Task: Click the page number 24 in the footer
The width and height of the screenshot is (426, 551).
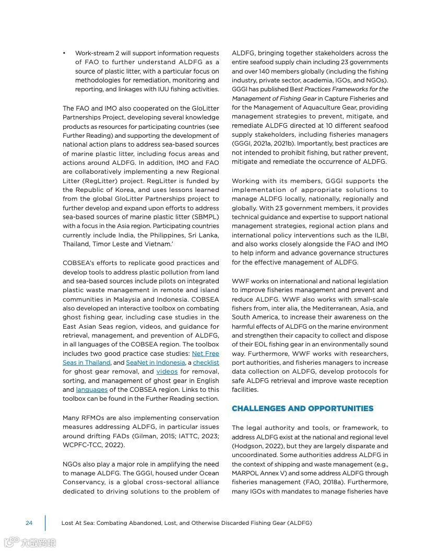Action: tap(29, 523)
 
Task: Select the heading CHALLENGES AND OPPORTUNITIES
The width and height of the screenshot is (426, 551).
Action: tap(302, 409)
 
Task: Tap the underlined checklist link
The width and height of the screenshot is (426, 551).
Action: tap(206, 363)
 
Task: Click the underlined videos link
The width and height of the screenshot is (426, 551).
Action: tap(167, 372)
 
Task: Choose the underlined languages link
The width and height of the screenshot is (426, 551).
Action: tap(92, 390)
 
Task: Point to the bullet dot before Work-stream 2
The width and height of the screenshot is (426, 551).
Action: tap(64, 53)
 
